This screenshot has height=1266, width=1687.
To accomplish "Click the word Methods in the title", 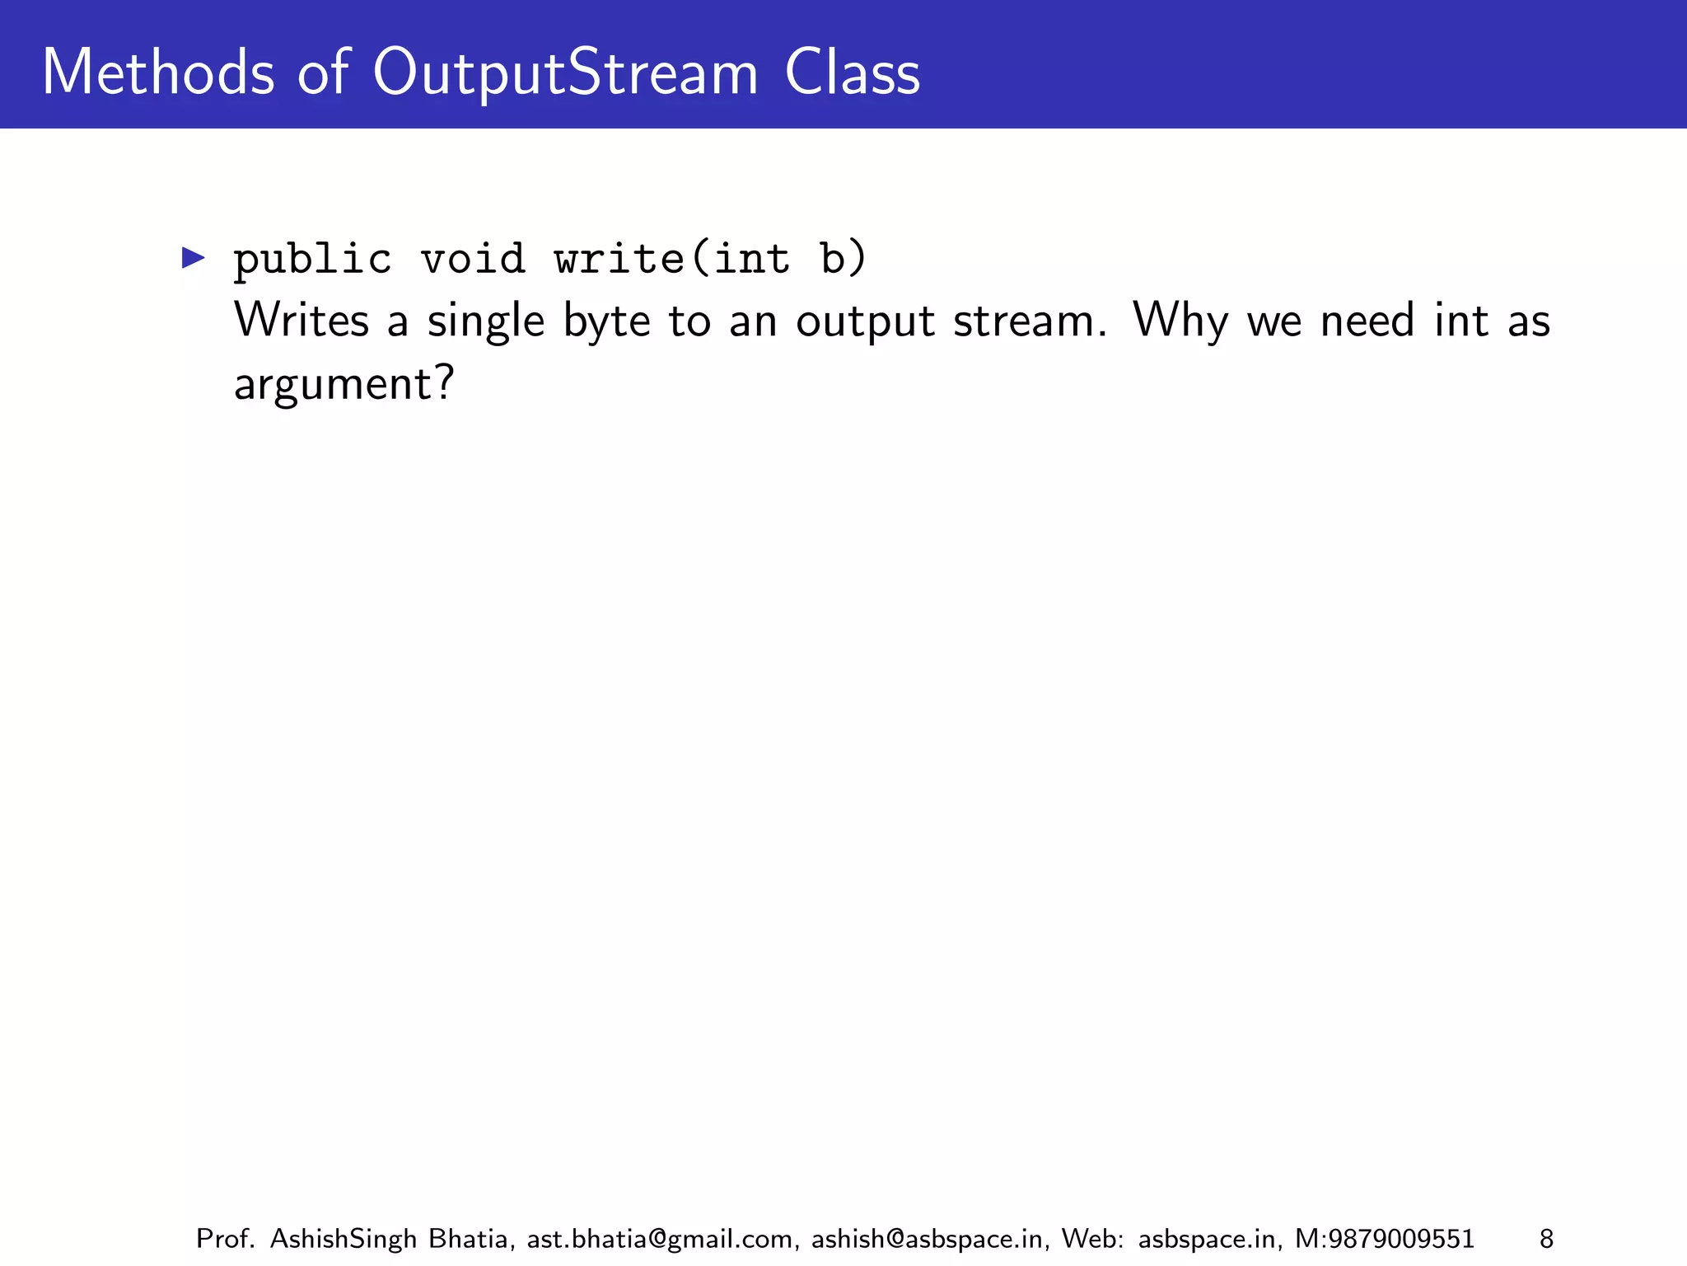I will pos(157,73).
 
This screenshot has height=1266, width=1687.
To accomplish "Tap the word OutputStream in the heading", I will pos(565,74).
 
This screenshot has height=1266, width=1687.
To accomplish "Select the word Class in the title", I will pos(852,73).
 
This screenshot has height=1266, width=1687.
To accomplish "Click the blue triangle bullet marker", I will pos(193,258).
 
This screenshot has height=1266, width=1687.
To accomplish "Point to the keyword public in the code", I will pos(312,260).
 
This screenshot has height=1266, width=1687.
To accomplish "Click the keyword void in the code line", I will pos(473,259).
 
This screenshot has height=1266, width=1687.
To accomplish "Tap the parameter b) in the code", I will pos(843,259).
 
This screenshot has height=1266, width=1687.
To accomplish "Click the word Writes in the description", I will pos(301,321).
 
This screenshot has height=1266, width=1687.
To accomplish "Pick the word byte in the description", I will pos(607,322).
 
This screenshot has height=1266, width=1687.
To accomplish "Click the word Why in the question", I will pos(1180,321).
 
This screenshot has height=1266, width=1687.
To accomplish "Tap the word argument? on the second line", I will pos(344,385).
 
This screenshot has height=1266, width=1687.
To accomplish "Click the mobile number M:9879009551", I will pos(1385,1239).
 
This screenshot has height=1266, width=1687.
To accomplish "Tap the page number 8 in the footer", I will pos(1546,1239).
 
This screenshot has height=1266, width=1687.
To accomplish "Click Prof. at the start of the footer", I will pos(225,1239).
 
